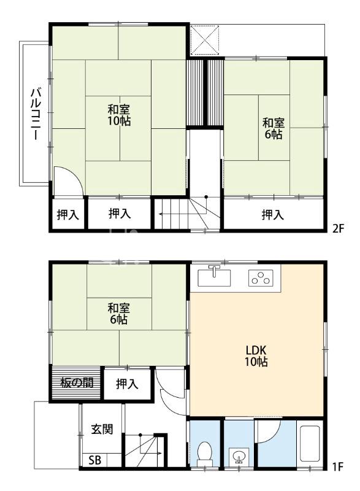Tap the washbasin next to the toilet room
[x=239, y=455]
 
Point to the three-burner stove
[x=261, y=278]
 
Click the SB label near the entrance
[x=95, y=460]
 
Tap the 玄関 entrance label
[x=102, y=429]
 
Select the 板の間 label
[x=77, y=382]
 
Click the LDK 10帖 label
[x=256, y=356]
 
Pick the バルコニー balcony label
[x=36, y=114]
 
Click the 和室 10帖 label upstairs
[x=119, y=115]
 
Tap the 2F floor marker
[x=338, y=228]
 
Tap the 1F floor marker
[x=338, y=467]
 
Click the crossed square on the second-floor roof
[x=205, y=40]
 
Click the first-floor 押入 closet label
[x=127, y=384]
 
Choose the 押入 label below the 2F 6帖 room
[x=273, y=215]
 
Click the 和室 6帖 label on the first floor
[x=119, y=314]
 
